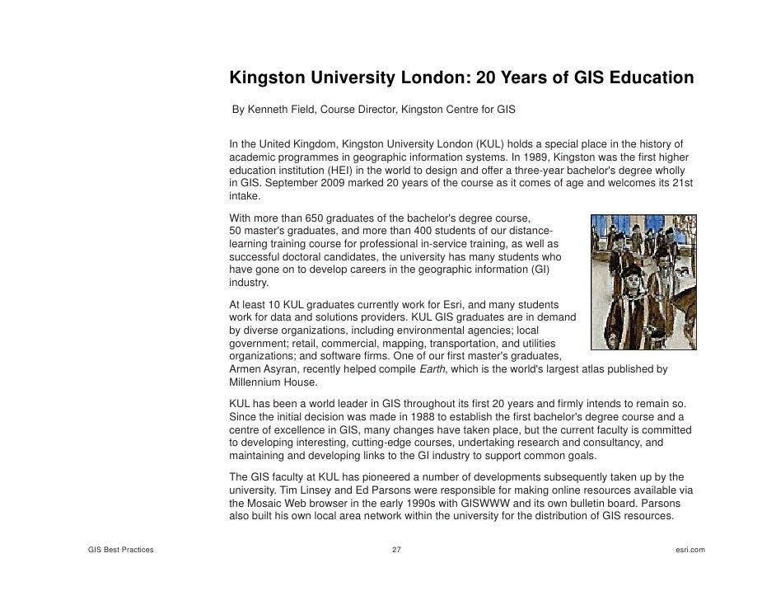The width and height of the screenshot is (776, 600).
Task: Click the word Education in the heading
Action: tap(647, 78)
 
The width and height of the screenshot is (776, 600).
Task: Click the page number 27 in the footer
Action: tap(396, 549)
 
